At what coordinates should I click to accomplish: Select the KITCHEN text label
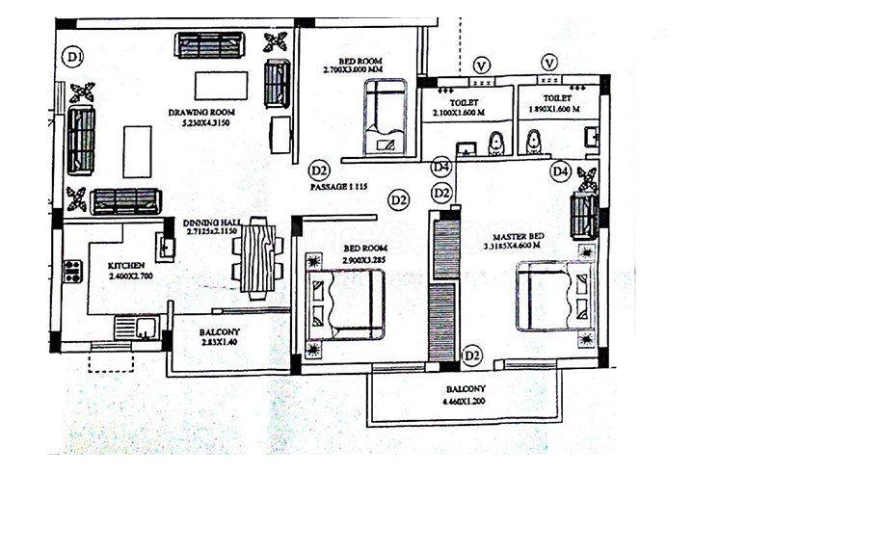click(x=126, y=265)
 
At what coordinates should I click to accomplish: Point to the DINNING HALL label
click(x=212, y=223)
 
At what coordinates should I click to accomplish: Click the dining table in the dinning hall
click(x=258, y=257)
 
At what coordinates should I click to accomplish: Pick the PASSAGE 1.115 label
click(x=338, y=188)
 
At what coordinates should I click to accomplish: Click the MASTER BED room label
click(x=519, y=236)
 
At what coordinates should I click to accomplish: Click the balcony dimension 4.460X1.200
click(x=466, y=401)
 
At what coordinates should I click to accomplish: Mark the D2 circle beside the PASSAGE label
click(x=320, y=171)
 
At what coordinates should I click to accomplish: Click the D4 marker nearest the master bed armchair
click(x=561, y=171)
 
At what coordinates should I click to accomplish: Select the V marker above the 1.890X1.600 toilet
click(x=549, y=64)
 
